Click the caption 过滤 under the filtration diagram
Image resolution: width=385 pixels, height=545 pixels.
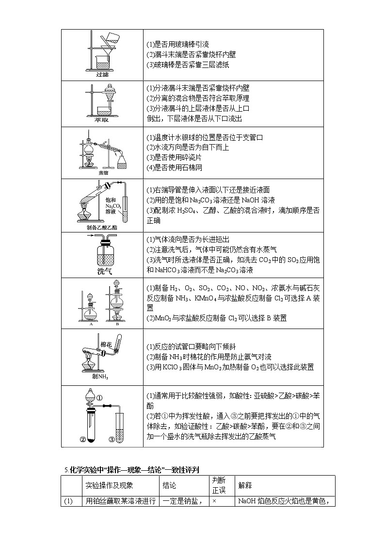click(102, 74)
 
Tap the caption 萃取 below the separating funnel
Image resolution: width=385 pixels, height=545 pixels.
click(101, 120)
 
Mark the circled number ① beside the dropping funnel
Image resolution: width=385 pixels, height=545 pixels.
click(99, 398)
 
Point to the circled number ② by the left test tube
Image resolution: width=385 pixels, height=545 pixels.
click(82, 440)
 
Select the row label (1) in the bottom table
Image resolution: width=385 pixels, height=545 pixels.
click(68, 501)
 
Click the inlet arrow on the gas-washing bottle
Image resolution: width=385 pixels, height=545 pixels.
click(91, 235)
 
